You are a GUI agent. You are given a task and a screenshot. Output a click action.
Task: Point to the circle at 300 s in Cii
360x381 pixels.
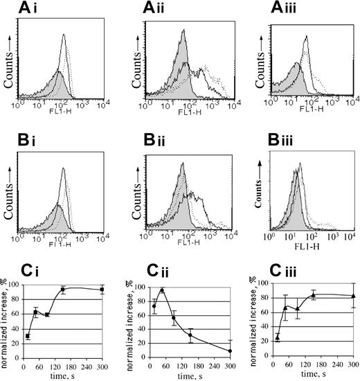tap(228, 351)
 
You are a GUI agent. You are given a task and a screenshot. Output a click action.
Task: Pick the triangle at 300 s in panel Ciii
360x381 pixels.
tap(353, 296)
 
